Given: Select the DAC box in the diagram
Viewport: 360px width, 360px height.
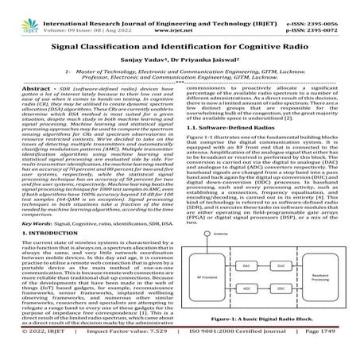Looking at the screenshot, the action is (246, 265).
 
